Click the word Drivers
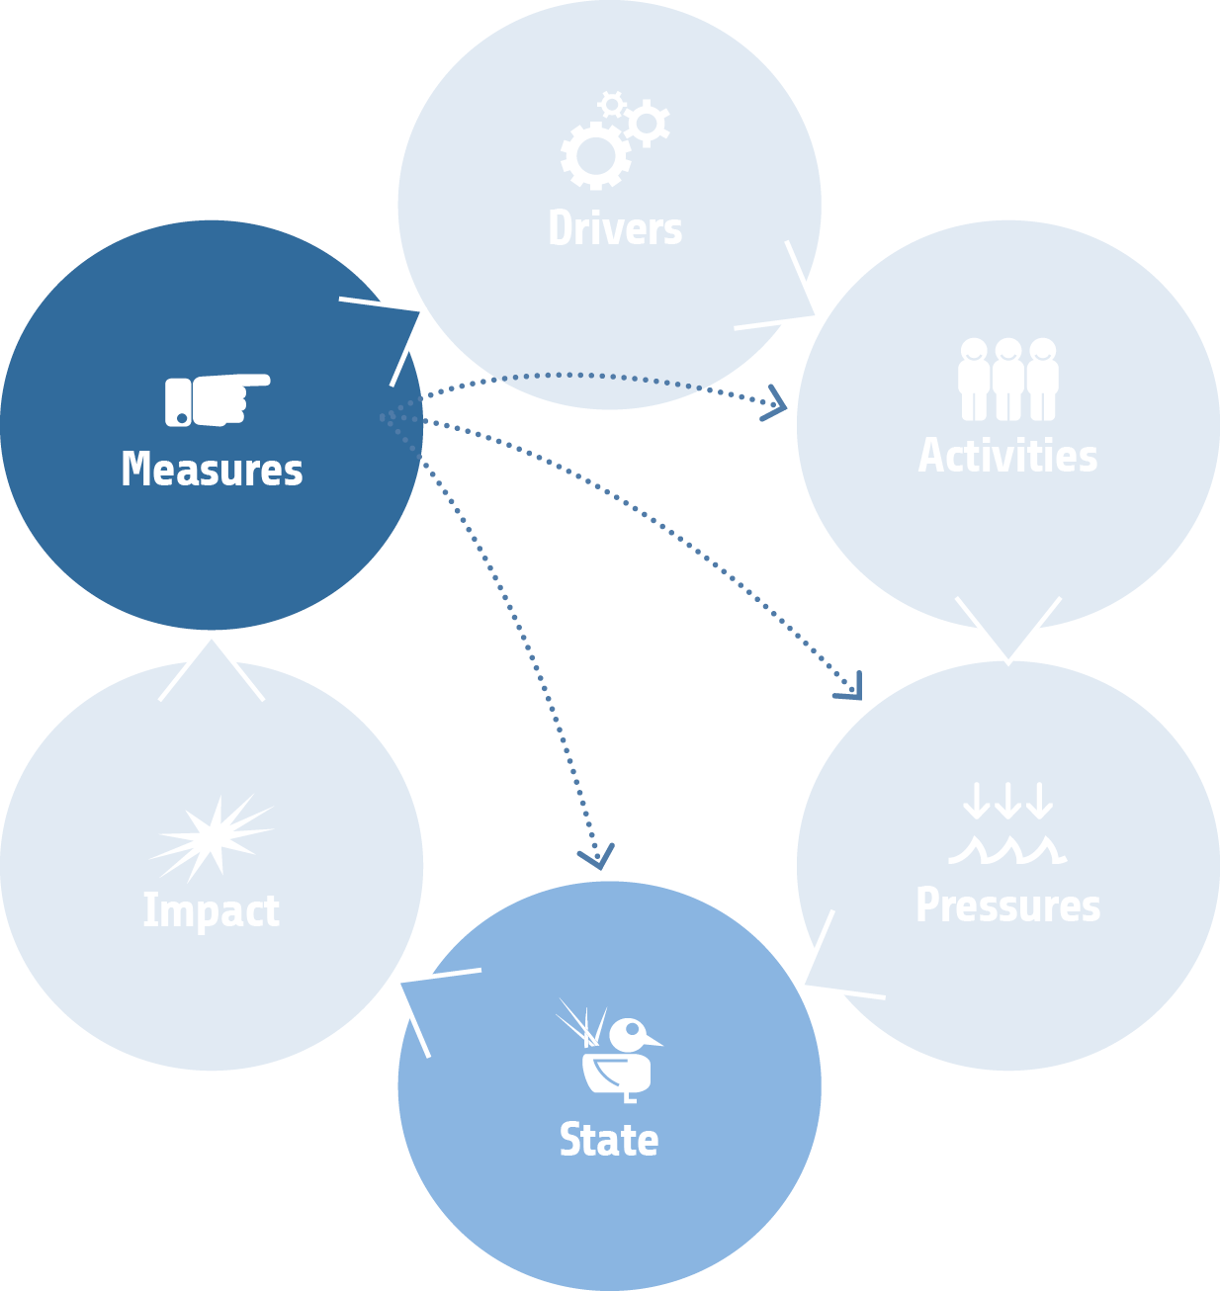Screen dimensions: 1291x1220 point(615,228)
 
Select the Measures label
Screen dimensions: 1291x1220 point(212,470)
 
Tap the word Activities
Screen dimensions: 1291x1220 point(1007,456)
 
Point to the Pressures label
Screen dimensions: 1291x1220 point(1007,904)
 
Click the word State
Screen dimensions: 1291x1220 point(609,1140)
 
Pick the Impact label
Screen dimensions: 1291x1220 point(212,910)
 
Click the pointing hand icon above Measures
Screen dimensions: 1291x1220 point(218,399)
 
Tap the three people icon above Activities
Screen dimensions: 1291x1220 point(1007,379)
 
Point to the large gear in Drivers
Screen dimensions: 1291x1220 point(596,154)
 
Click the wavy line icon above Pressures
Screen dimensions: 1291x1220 point(1007,850)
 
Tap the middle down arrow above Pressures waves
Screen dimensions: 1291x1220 point(1007,802)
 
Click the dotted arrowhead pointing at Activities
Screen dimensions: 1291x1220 point(776,403)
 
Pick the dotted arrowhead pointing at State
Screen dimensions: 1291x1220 point(597,857)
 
